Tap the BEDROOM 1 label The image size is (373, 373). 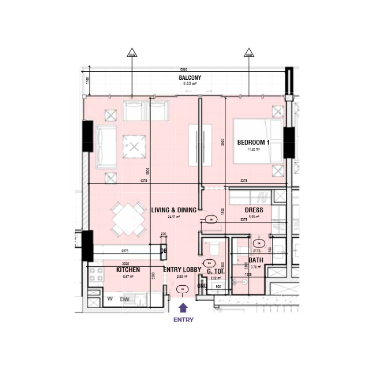(x=253, y=142)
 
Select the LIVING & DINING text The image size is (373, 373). (x=173, y=210)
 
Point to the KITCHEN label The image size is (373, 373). (x=128, y=270)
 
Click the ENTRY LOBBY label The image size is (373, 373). (x=182, y=270)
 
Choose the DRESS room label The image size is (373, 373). (x=253, y=210)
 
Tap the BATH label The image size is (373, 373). (x=256, y=260)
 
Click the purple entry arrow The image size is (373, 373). (x=183, y=307)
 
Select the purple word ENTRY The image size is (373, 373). (x=183, y=320)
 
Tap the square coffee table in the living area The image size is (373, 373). (x=134, y=146)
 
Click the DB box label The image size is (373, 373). (x=164, y=250)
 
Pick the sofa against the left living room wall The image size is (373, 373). (x=106, y=146)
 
